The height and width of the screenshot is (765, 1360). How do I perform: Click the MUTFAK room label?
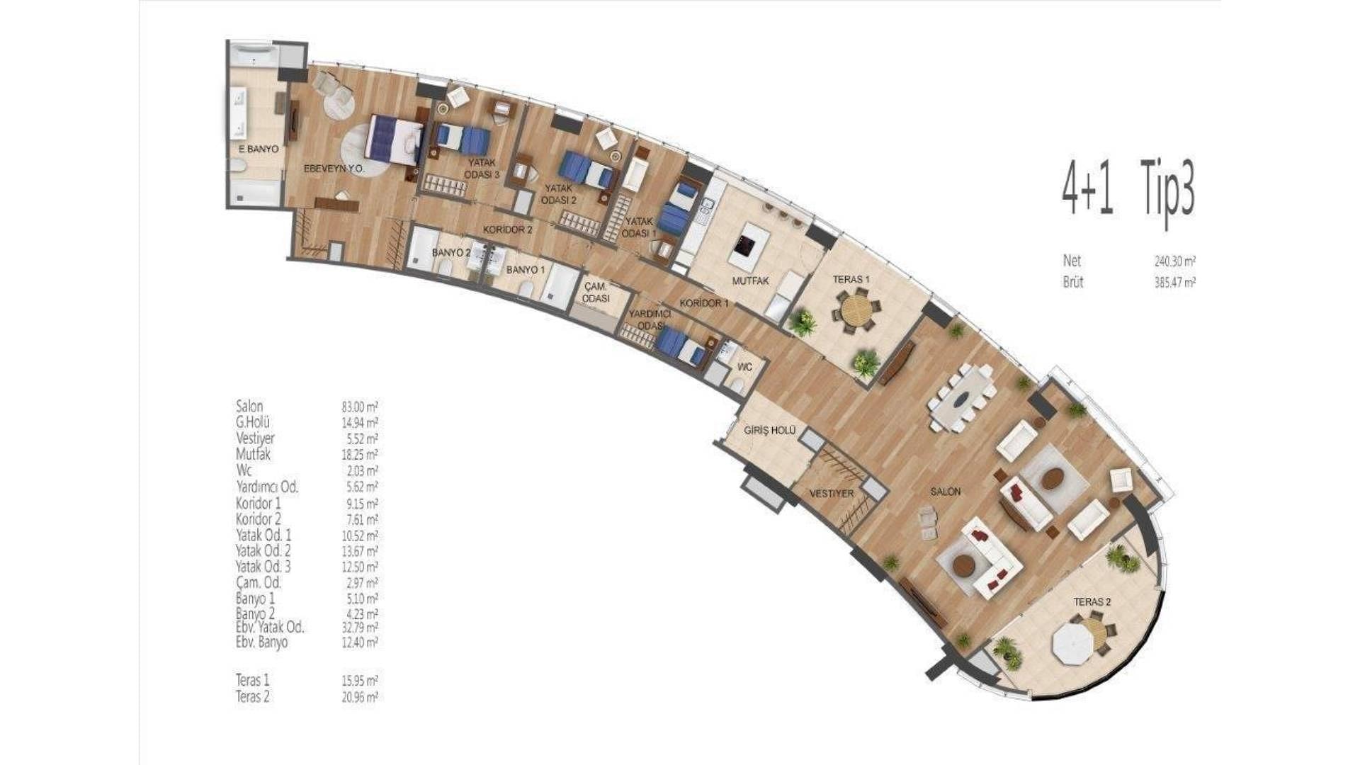[x=750, y=280]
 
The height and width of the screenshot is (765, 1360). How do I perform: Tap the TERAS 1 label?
[x=851, y=279]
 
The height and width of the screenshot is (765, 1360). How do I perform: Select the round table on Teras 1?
[x=855, y=310]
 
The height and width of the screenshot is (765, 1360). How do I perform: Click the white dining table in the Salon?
[x=964, y=399]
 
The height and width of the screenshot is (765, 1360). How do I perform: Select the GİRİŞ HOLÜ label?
[x=770, y=431]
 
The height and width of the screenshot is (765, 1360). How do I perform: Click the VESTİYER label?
[x=832, y=493]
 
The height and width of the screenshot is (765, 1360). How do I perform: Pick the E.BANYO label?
[x=258, y=149]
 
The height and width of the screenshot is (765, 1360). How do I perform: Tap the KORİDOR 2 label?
[x=507, y=229]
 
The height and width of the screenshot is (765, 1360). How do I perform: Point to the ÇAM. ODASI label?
[x=596, y=293]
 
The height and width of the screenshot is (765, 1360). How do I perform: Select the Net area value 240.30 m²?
[x=1175, y=261]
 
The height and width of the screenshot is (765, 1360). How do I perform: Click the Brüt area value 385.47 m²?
[x=1175, y=282]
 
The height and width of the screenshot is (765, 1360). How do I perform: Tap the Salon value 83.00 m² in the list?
[x=359, y=407]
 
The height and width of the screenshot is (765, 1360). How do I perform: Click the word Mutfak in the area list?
[x=253, y=454]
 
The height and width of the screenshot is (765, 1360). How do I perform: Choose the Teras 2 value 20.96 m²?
[x=359, y=697]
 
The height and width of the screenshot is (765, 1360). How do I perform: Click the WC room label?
[x=744, y=368]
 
